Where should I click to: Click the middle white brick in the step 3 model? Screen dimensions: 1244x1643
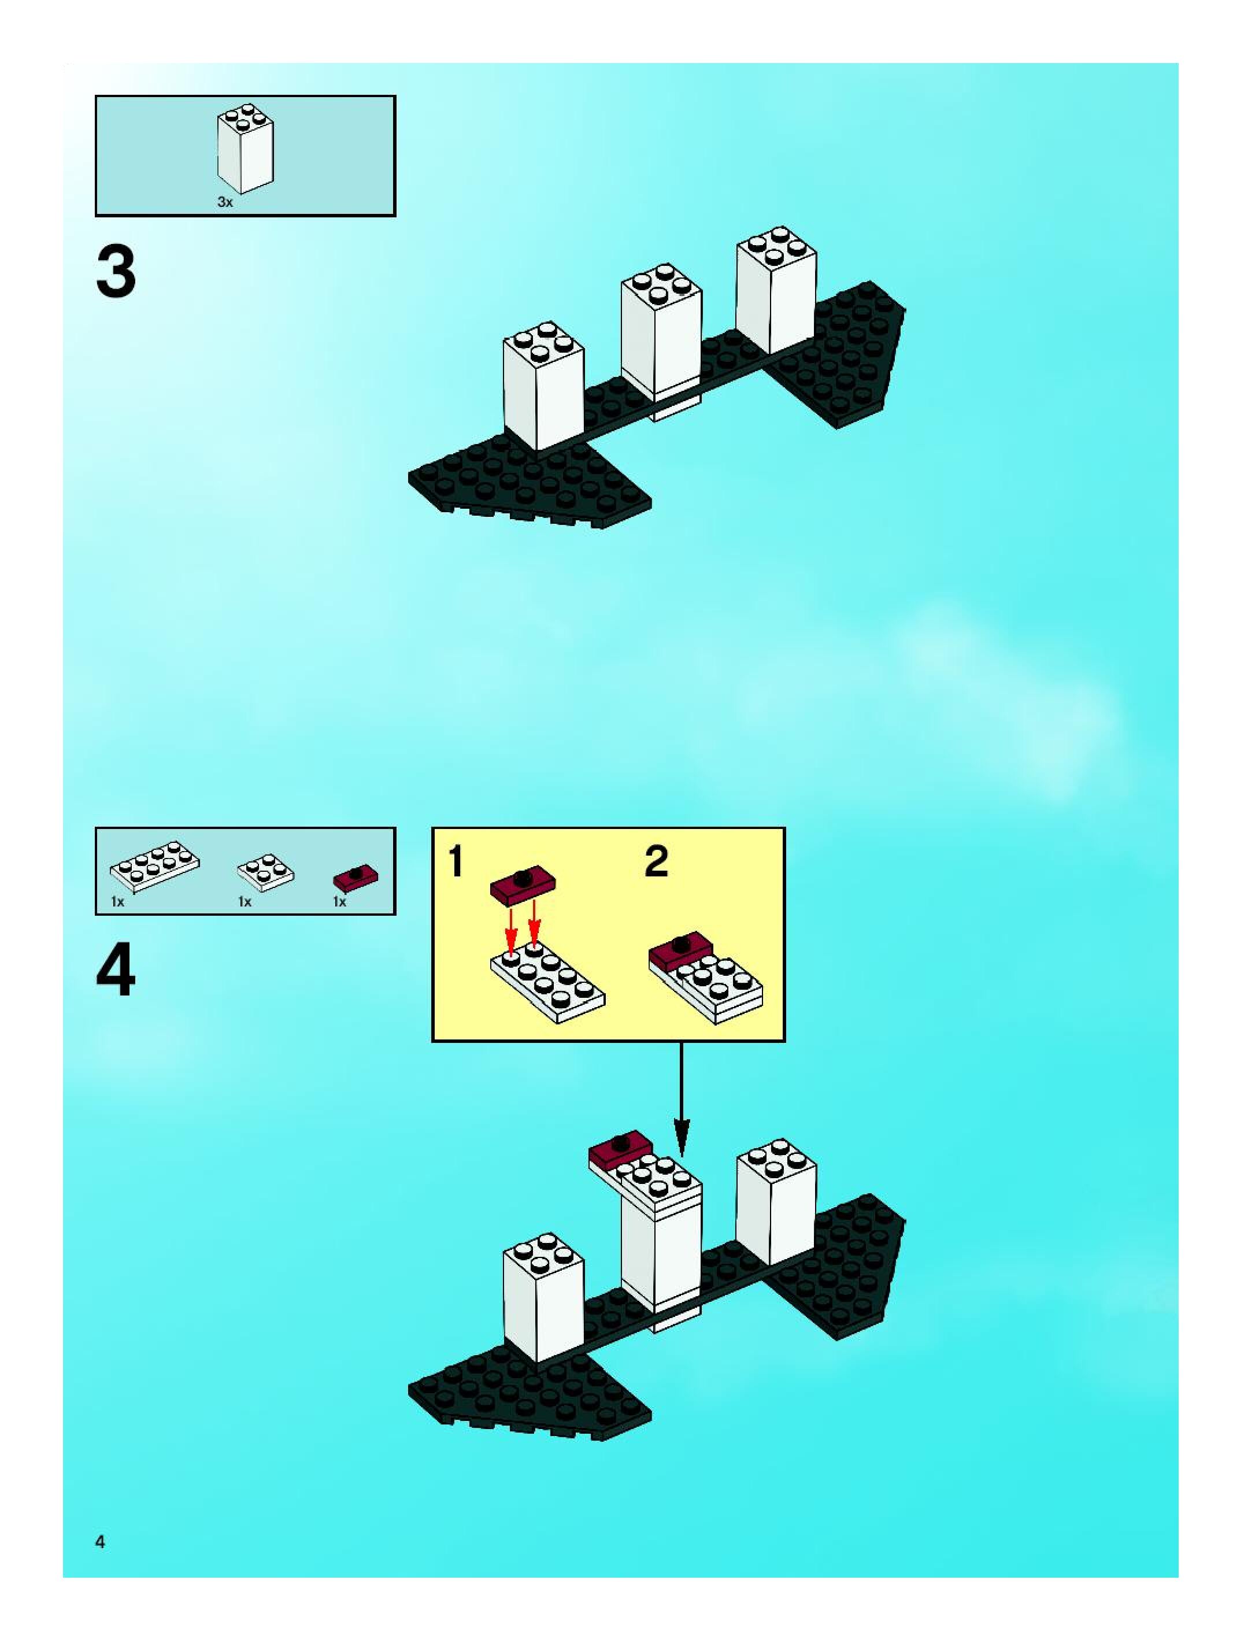coord(661,334)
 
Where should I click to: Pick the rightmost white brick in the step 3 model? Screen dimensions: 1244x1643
coord(776,291)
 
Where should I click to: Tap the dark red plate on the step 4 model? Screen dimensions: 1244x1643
coord(620,1150)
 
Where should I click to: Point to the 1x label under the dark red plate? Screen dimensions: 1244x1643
coord(339,902)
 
